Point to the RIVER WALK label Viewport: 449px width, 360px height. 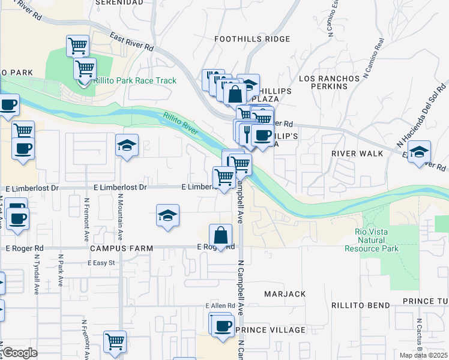(x=357, y=154)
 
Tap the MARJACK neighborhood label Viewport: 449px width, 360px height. (x=285, y=294)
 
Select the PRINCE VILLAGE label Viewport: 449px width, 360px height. (x=270, y=330)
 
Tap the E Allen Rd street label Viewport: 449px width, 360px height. (x=220, y=306)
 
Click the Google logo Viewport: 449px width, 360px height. (x=20, y=353)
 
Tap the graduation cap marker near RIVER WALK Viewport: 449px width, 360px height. (x=419, y=151)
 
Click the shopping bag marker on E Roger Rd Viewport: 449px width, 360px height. (x=221, y=235)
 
